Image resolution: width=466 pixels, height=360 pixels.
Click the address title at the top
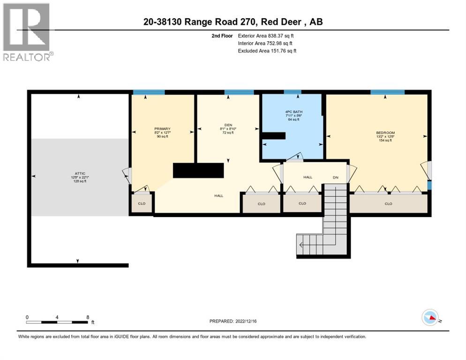(x=233, y=22)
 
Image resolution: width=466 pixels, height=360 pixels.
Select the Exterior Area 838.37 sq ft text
(x=266, y=36)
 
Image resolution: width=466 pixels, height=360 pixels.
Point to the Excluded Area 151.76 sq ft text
(x=267, y=51)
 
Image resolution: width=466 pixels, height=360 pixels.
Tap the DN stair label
(x=335, y=177)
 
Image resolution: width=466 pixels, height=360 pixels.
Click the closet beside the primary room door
(x=141, y=203)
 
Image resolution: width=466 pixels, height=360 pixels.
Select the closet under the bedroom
(x=388, y=203)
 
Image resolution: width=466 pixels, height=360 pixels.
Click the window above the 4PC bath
(x=292, y=92)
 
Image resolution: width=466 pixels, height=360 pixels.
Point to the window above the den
(x=239, y=92)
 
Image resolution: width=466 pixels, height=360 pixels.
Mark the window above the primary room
(x=148, y=92)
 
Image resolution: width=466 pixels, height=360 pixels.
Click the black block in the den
(x=198, y=170)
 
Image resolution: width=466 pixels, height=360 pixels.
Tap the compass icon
(x=430, y=318)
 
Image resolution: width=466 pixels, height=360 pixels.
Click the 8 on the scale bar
(x=88, y=317)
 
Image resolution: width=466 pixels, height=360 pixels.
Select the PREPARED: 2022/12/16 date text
(x=233, y=321)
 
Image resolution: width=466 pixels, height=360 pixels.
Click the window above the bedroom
(x=387, y=92)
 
